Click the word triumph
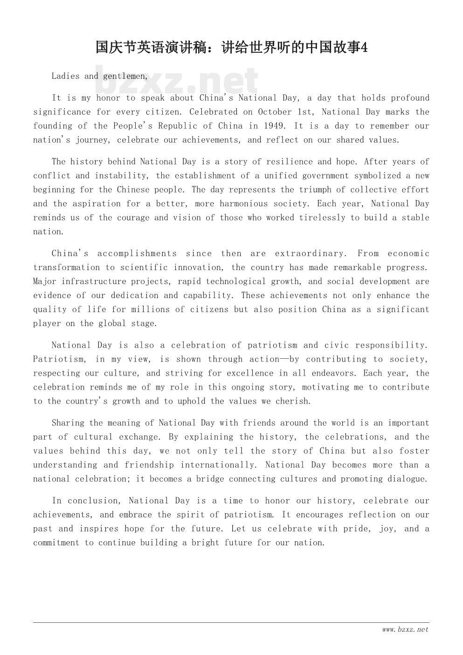tap(315, 190)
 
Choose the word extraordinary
tap(311, 254)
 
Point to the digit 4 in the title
tap(364, 48)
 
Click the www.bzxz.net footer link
tap(405, 630)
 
